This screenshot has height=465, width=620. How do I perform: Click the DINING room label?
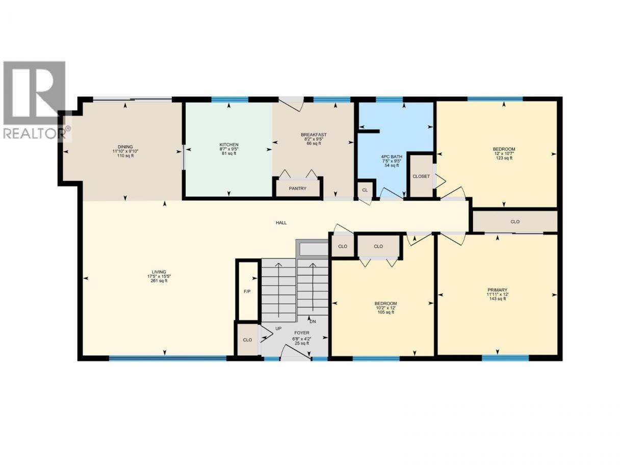click(125, 147)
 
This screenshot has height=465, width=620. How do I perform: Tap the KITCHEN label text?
click(229, 145)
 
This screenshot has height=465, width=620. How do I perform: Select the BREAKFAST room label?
click(314, 135)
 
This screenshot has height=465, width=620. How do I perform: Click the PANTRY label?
click(297, 188)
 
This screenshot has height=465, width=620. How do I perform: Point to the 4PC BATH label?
click(392, 157)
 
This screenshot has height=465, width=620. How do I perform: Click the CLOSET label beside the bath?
click(421, 176)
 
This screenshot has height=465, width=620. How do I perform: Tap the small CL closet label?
click(365, 190)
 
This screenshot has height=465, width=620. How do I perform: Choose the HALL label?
click(281, 223)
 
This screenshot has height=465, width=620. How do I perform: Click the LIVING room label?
click(159, 272)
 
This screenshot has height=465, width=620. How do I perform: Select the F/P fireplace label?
click(247, 291)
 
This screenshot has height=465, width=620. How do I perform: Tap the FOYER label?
click(302, 333)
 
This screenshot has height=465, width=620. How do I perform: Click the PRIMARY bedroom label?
click(498, 290)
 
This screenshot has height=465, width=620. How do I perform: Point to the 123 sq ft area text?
click(504, 158)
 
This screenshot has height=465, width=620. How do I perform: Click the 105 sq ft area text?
click(385, 312)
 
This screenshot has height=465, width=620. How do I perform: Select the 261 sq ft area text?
click(159, 281)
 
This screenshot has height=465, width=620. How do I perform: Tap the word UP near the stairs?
click(278, 329)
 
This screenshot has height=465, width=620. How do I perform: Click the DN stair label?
click(313, 322)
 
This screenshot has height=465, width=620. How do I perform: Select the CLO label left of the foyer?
click(247, 340)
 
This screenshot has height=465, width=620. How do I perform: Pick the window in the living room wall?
click(168, 358)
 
